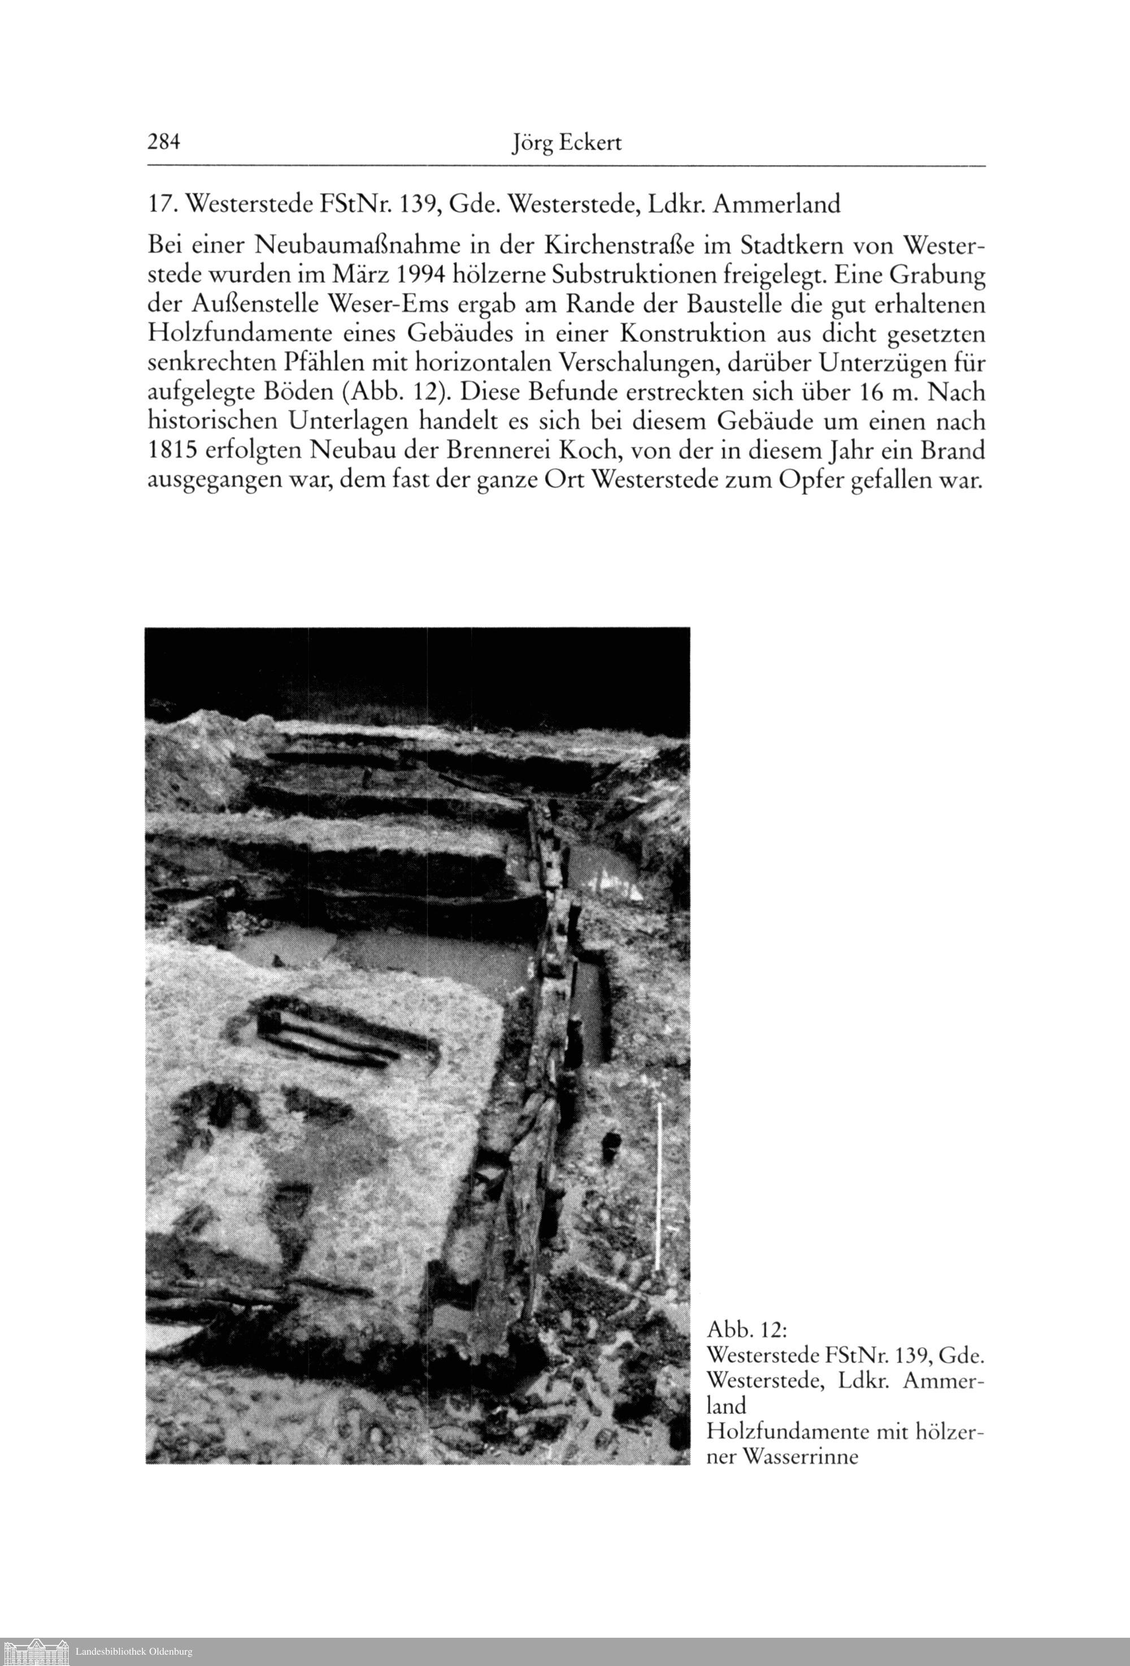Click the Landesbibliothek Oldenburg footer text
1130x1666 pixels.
pyautogui.click(x=134, y=1651)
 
